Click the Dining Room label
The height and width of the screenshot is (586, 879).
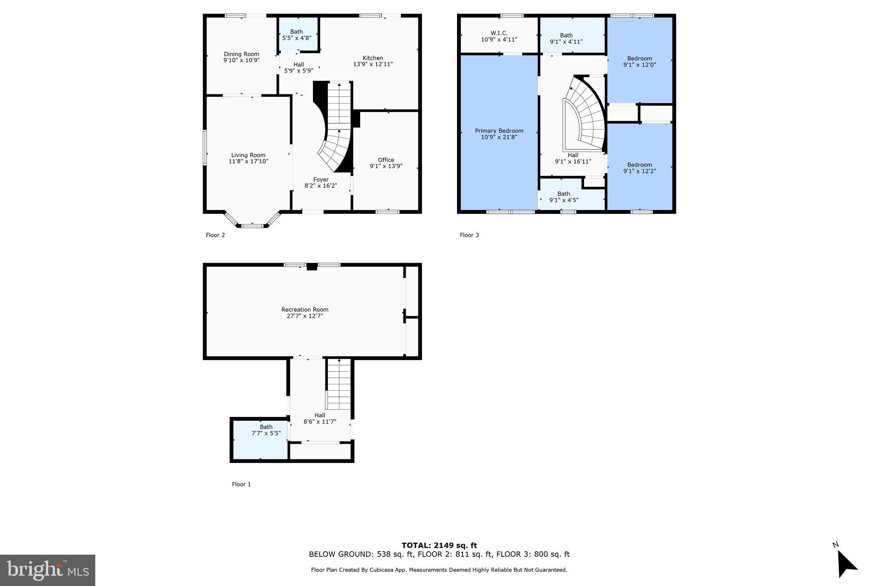pos(241,54)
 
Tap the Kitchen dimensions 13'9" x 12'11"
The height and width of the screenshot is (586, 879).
pos(373,64)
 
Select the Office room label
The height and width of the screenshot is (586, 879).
pos(386,160)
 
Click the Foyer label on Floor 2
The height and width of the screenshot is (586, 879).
pos(321,179)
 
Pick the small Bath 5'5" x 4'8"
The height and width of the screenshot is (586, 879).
pos(297,34)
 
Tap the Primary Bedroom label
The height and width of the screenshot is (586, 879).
pos(499,131)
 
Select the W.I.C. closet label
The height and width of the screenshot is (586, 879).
pos(499,33)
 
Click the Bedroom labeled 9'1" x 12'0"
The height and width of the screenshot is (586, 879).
pos(640,61)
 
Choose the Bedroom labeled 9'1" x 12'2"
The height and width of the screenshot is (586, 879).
pos(640,168)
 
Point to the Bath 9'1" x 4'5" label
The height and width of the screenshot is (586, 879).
pos(564,197)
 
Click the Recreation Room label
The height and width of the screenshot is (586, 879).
pos(305,310)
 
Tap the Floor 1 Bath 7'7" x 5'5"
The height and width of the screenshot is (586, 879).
pos(266,430)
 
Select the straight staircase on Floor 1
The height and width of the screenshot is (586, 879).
pos(339,384)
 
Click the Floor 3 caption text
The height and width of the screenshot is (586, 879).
pos(469,235)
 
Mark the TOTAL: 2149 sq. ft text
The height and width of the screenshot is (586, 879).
pos(439,545)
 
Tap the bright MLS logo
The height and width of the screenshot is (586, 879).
pos(48,570)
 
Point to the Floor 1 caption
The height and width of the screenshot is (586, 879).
pos(241,484)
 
